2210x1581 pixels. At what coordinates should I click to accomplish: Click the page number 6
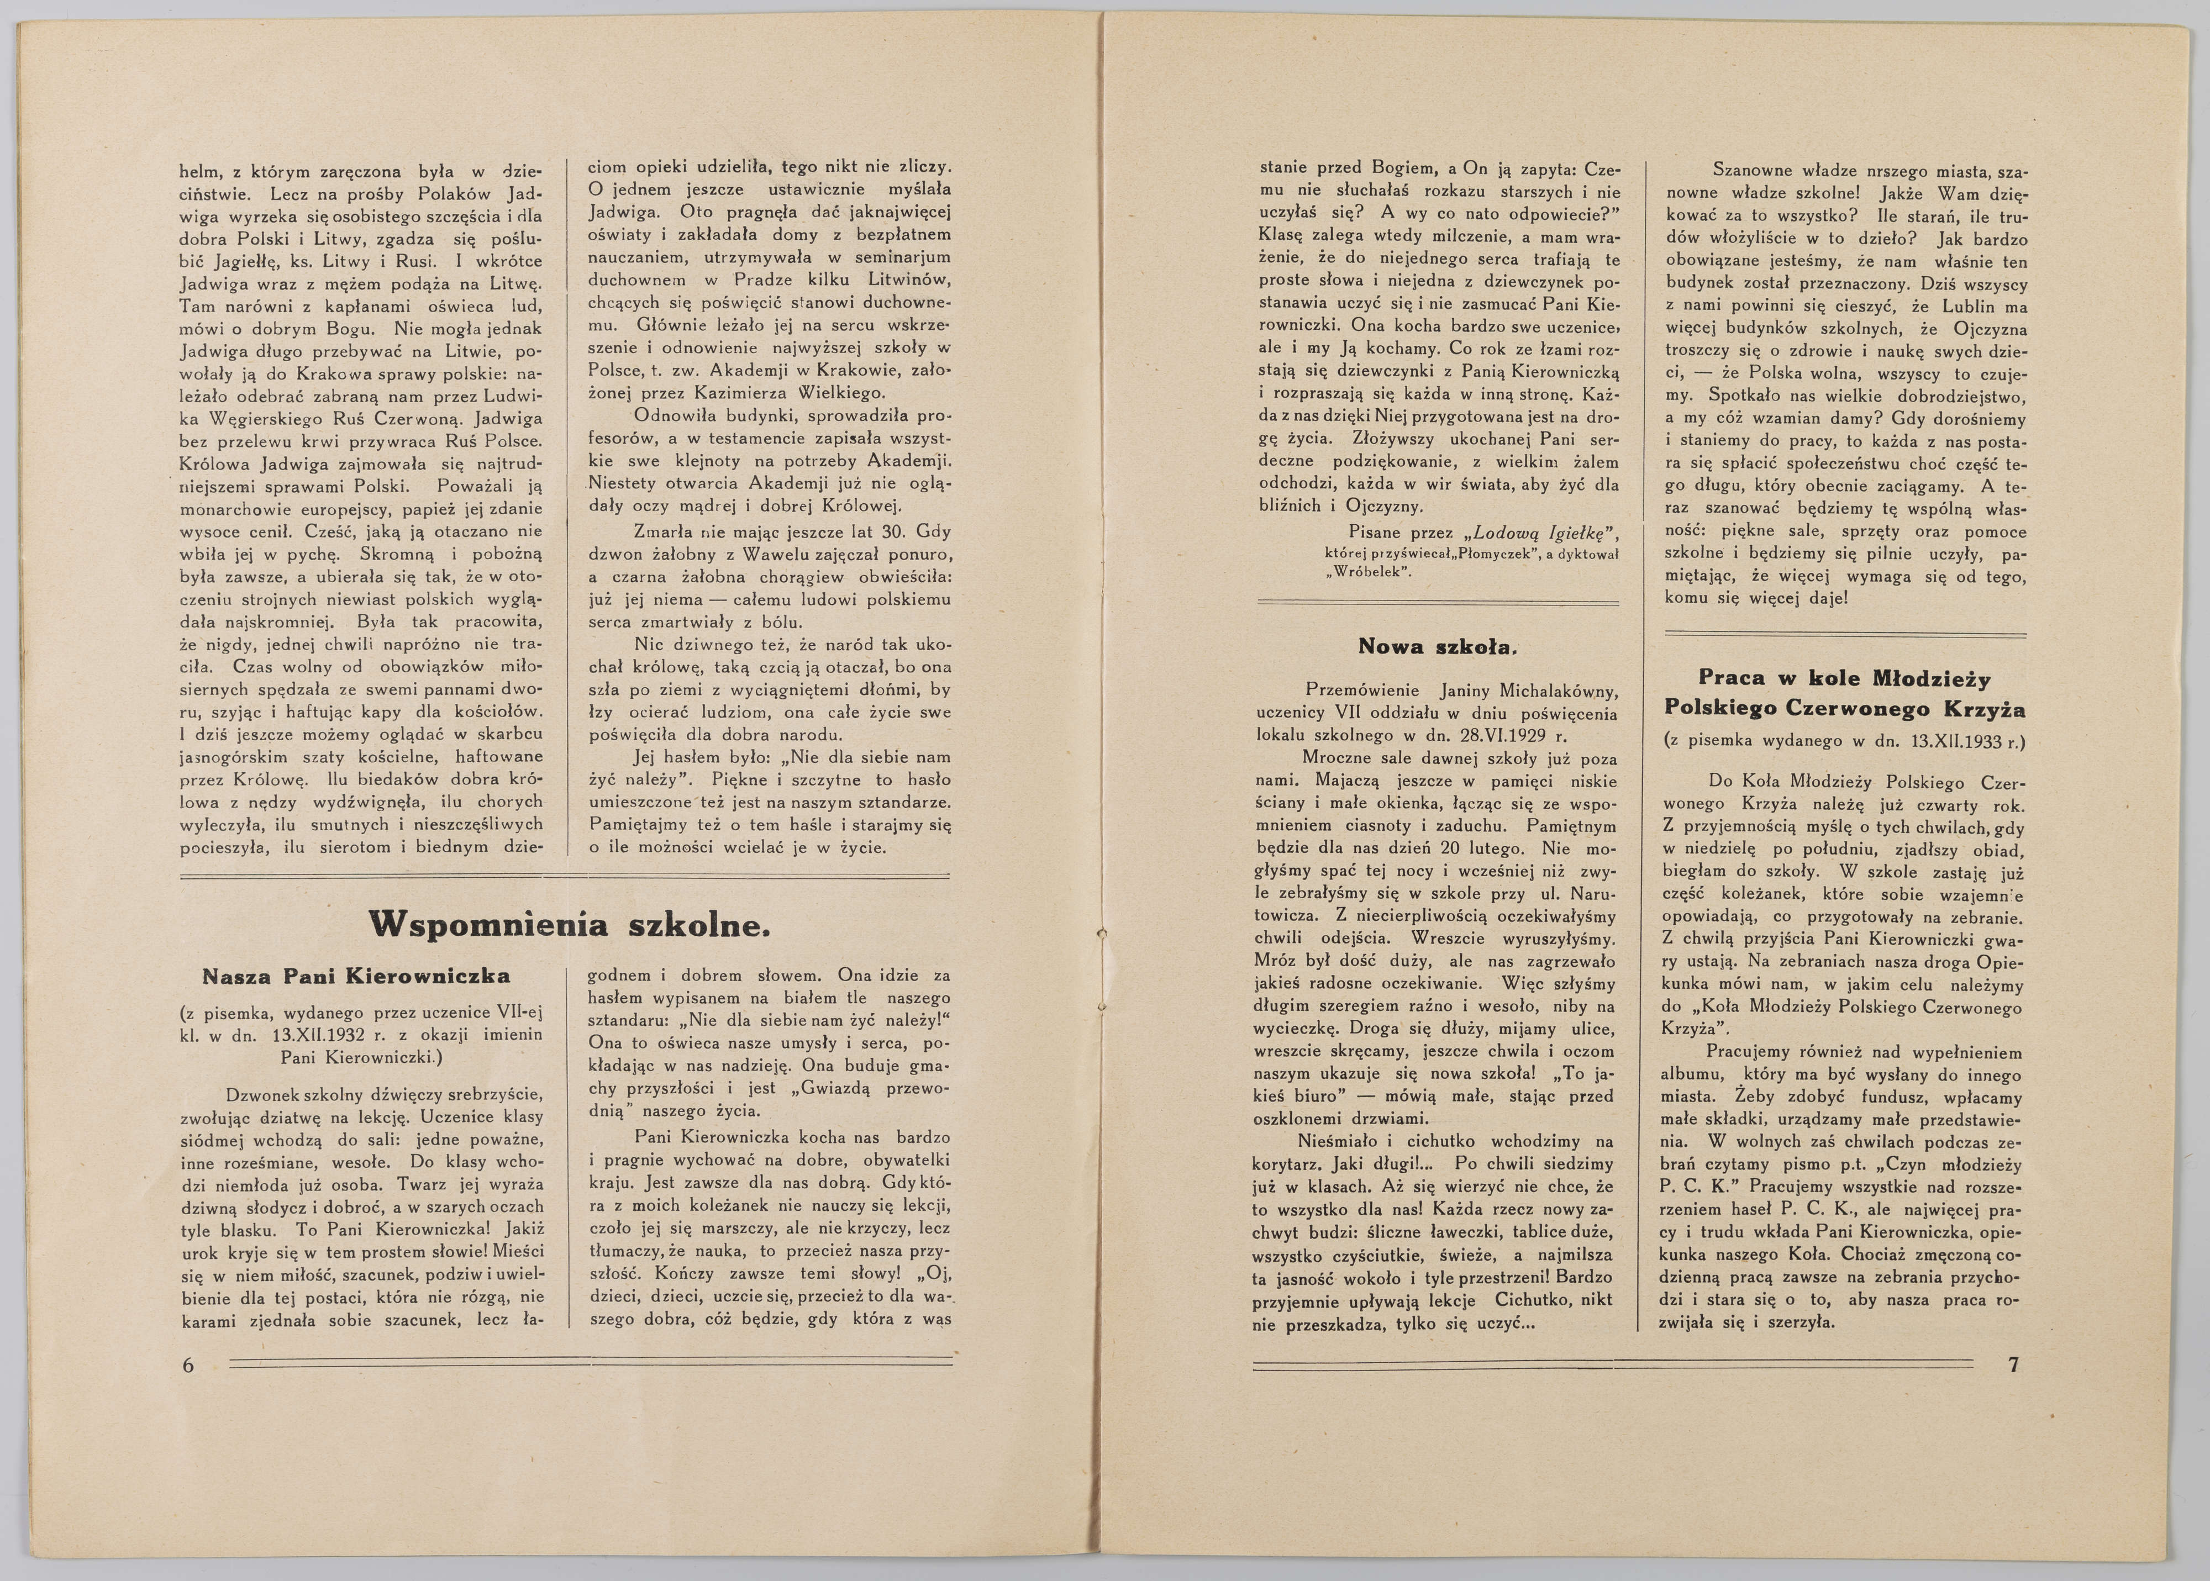coord(188,1365)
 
